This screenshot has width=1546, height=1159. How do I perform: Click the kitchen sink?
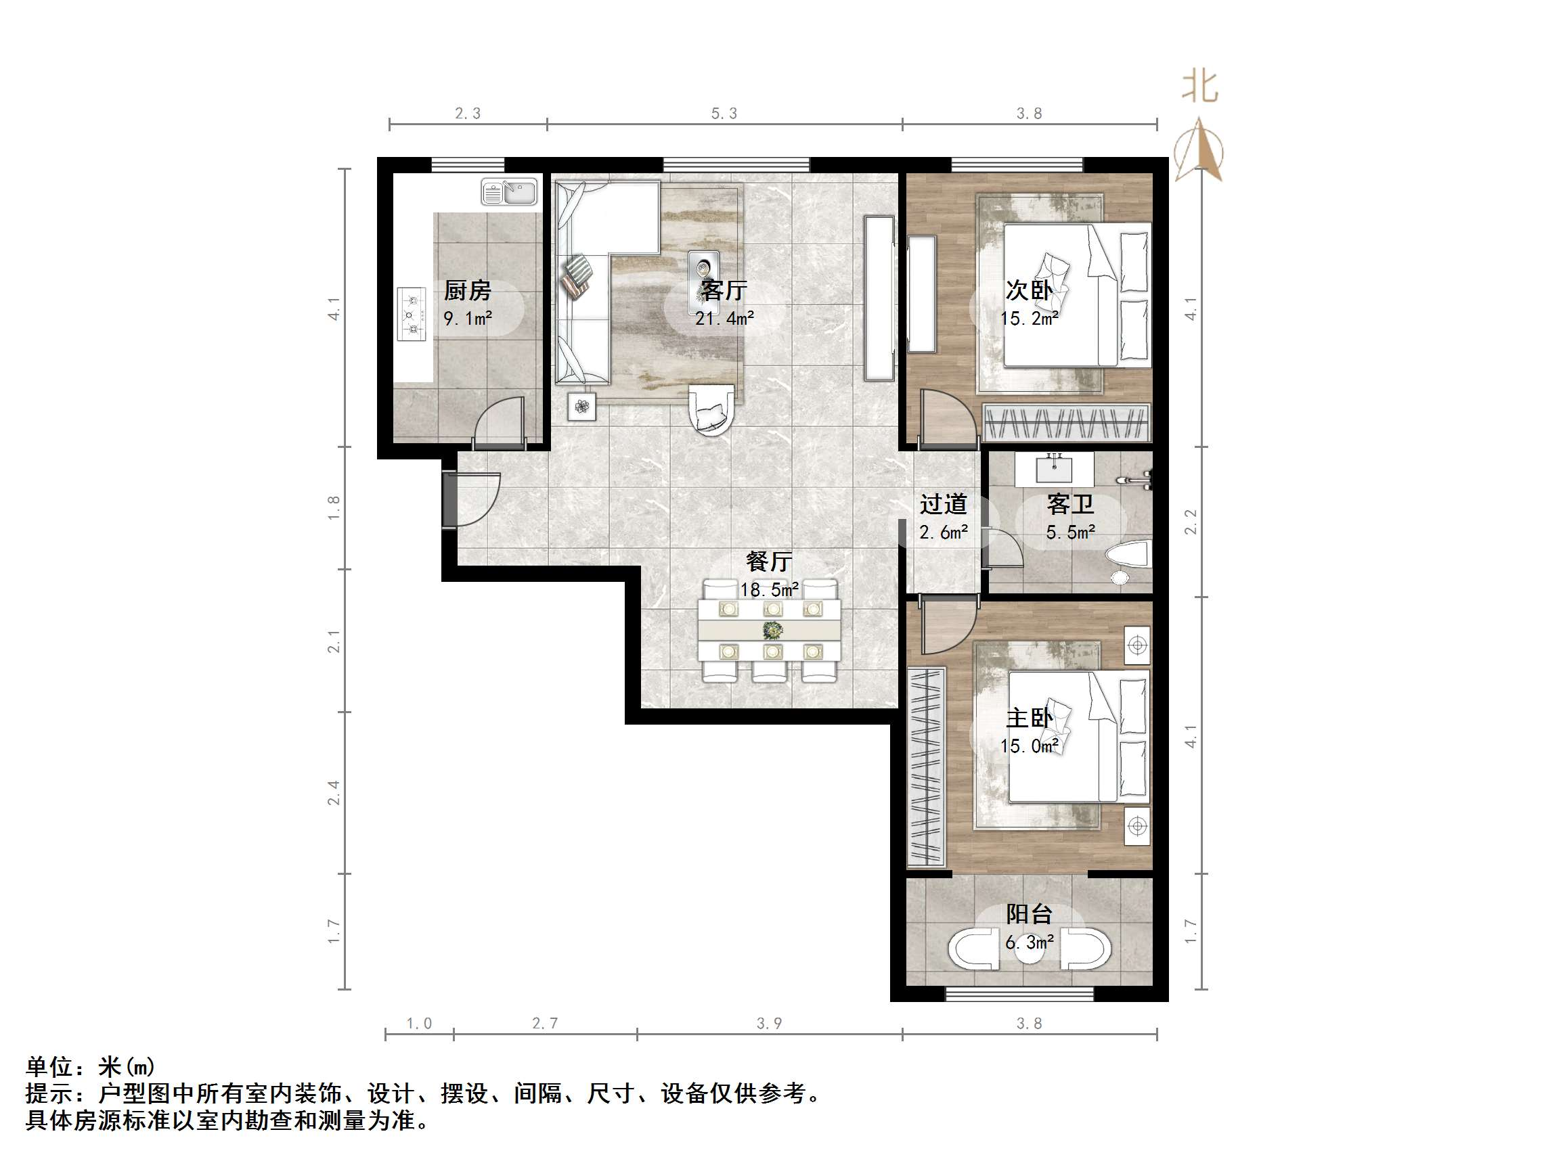tap(509, 191)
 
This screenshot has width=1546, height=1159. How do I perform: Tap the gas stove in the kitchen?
tap(411, 315)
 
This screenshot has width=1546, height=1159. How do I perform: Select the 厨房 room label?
tap(468, 290)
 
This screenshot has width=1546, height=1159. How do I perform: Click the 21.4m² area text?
tap(724, 319)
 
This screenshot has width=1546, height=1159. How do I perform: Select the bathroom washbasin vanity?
tap(1053, 469)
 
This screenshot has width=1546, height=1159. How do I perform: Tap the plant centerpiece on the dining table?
tap(772, 631)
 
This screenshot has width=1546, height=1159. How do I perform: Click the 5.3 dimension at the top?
tap(724, 113)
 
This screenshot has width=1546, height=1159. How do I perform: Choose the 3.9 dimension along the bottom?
tap(769, 1024)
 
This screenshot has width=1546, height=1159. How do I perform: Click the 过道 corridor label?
tap(943, 503)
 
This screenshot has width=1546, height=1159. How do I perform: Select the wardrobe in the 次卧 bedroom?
tap(1065, 423)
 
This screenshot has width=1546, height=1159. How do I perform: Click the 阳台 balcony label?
tap(1029, 914)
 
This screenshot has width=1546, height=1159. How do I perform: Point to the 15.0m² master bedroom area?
tap(1029, 746)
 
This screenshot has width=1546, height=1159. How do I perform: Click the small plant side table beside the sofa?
tap(581, 406)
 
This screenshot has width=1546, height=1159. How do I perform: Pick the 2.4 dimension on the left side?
tap(334, 793)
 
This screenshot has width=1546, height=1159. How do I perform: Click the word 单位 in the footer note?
tap(49, 1067)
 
